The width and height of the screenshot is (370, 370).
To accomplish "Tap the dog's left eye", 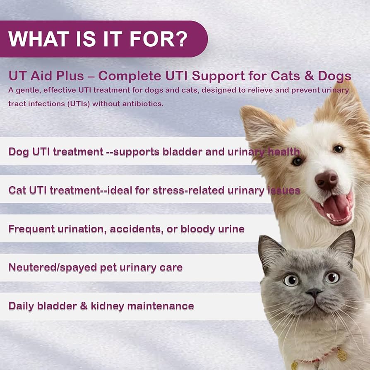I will pyautogui.click(x=297, y=161).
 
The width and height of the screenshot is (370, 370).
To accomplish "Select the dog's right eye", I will pyautogui.click(x=339, y=149).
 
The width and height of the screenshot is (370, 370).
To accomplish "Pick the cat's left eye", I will pyautogui.click(x=291, y=280).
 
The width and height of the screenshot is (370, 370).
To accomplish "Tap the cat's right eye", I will pyautogui.click(x=332, y=277).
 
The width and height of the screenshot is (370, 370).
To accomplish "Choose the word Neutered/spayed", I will pyautogui.click(x=53, y=267).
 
